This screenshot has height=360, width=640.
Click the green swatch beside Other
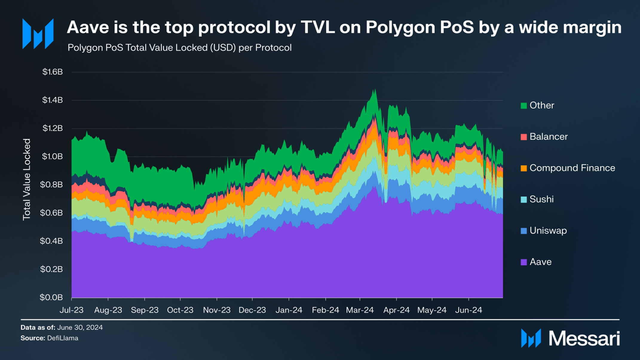[x=523, y=105]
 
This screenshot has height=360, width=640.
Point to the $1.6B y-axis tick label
[x=53, y=72]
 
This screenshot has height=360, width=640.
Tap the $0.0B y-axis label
[x=52, y=298]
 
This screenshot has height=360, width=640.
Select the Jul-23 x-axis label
[x=71, y=310]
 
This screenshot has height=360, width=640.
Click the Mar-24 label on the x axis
[x=360, y=310]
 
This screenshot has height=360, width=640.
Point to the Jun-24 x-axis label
[x=468, y=310]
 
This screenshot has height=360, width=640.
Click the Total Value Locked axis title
[x=27, y=180]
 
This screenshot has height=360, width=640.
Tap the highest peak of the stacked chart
[x=374, y=90]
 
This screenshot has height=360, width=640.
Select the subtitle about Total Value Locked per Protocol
[x=179, y=48]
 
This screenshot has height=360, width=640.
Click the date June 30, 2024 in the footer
[x=80, y=327]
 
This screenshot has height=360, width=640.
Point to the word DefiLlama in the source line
[x=63, y=338]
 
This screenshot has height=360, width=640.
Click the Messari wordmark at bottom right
[x=584, y=339]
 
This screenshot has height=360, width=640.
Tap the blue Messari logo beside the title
[x=38, y=34]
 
